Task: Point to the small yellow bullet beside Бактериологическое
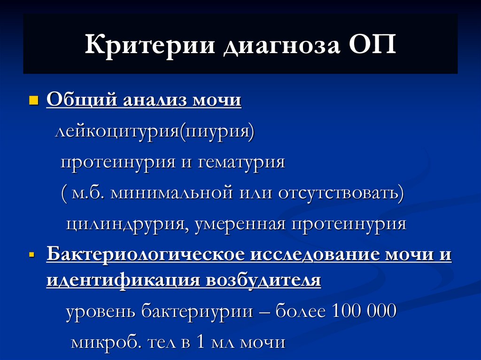pyautogui.click(x=32, y=256)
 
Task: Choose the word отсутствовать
pyautogui.click(x=339, y=193)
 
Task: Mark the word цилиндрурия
pyautogui.click(x=123, y=224)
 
